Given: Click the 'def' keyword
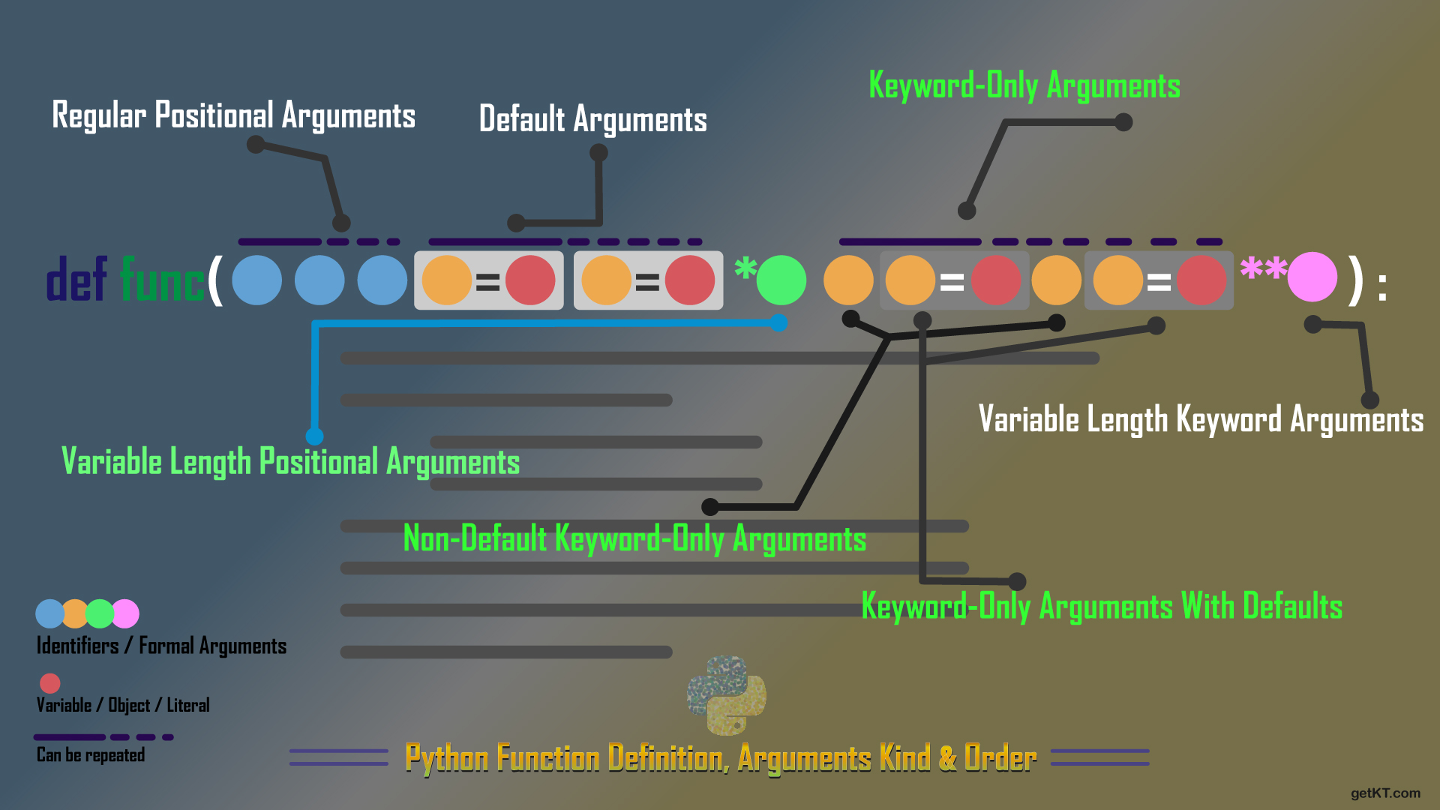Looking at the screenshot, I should (x=76, y=280).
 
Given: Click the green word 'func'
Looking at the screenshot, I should (x=162, y=280).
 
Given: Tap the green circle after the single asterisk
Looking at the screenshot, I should (x=781, y=280).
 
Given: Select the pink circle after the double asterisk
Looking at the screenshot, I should (x=1312, y=277).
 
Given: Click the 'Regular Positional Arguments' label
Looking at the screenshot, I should (x=233, y=115).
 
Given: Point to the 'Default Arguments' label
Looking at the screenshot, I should (x=592, y=119).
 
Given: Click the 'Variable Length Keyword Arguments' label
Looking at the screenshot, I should (x=1201, y=419).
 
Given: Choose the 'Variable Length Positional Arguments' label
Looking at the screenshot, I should (x=290, y=461).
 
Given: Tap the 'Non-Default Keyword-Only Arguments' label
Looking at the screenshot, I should (x=634, y=538).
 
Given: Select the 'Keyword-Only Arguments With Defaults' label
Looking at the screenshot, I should (x=1102, y=606).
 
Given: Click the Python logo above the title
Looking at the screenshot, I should (x=726, y=695).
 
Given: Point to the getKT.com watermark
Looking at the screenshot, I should (x=1385, y=793).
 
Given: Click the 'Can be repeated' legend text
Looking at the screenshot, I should (x=91, y=754).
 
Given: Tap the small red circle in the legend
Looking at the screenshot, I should (x=50, y=683).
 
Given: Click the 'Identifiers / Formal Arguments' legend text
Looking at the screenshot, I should (x=161, y=646).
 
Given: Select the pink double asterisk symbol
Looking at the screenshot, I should (x=1263, y=268).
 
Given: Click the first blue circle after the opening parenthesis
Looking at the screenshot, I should (x=256, y=280).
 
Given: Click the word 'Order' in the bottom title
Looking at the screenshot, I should (x=1000, y=758).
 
